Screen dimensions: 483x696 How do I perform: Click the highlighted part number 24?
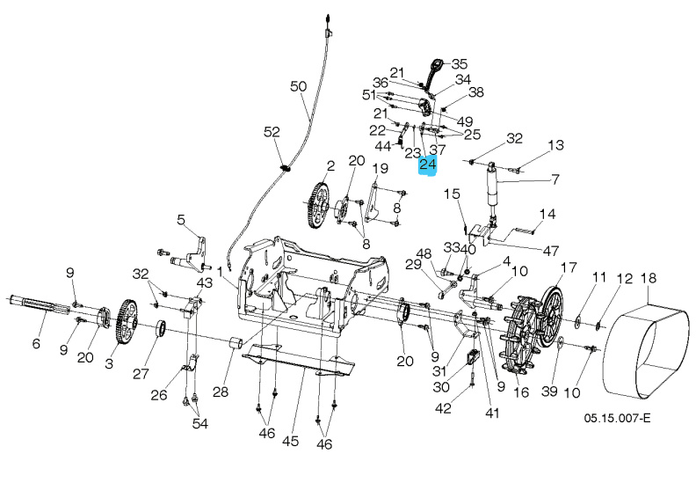click(428, 165)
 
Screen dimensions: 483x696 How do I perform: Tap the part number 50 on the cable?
click(298, 86)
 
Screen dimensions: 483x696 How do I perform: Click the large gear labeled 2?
click(317, 207)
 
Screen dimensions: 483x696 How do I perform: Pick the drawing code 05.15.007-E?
click(616, 419)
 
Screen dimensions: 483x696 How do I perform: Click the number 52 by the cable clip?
click(272, 131)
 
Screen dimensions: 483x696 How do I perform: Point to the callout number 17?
click(569, 267)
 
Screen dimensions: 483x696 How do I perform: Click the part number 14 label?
click(547, 214)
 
